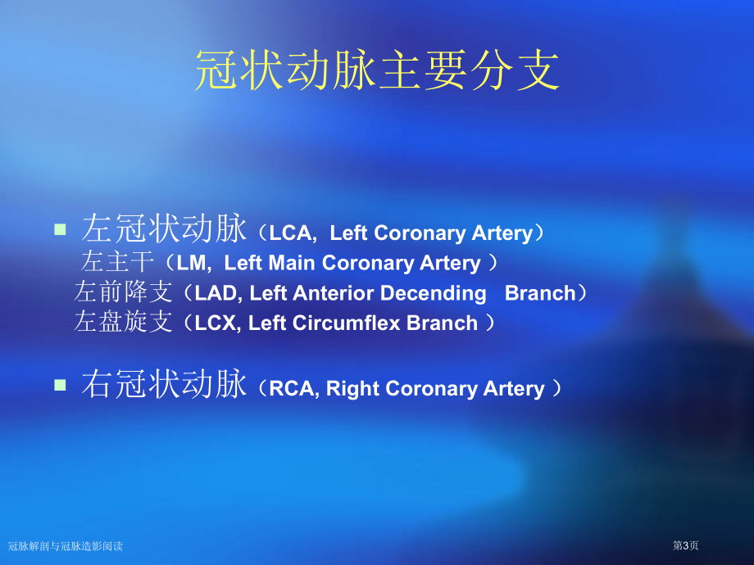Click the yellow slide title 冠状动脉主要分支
378,70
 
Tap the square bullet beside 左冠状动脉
60,229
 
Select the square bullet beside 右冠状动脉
60,385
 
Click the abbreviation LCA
290,233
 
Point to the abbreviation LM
192,263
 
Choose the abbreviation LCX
216,323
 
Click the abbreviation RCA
292,389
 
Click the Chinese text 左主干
117,261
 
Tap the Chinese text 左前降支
123,292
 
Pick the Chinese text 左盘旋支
123,322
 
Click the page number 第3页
685,545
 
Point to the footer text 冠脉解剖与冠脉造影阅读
66,546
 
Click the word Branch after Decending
540,293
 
